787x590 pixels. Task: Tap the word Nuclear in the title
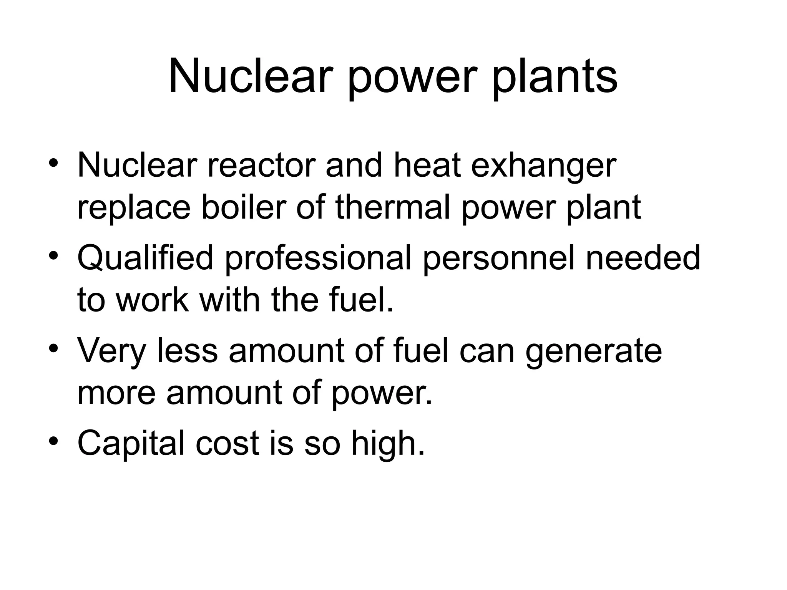(x=250, y=77)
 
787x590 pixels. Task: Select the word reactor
(x=261, y=166)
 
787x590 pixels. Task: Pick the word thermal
(x=392, y=207)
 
